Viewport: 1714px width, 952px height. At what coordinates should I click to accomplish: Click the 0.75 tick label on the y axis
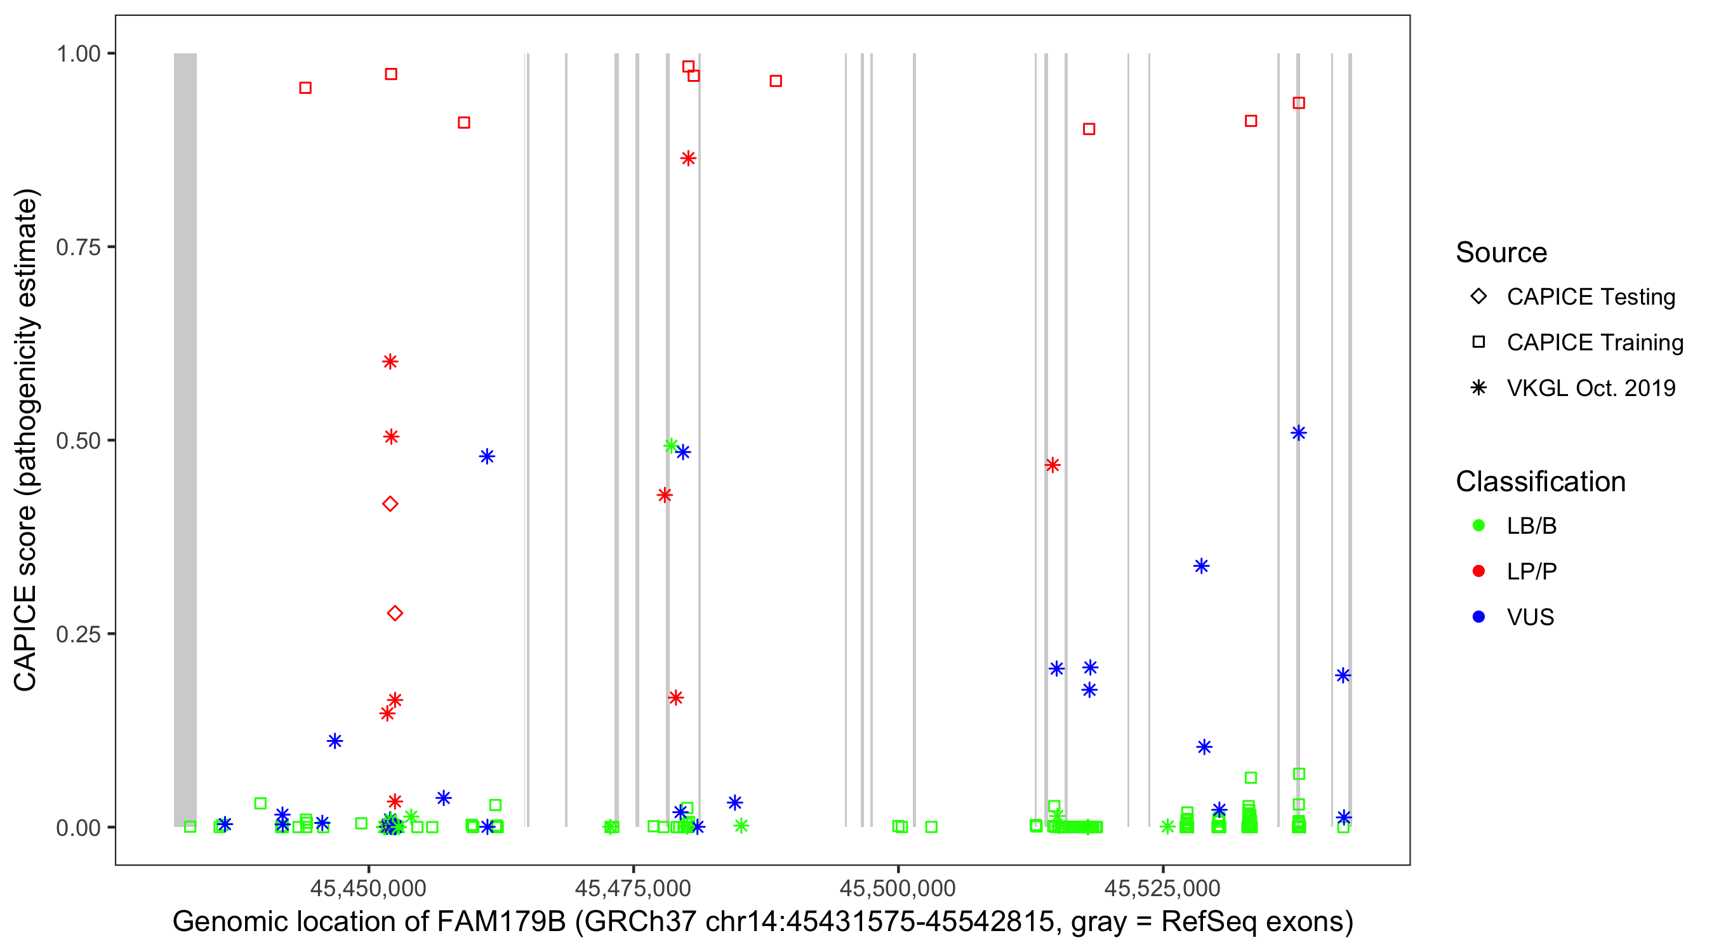(78, 248)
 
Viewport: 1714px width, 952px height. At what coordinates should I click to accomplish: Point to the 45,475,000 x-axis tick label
(632, 887)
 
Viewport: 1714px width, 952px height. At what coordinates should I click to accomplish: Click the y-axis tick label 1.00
(78, 54)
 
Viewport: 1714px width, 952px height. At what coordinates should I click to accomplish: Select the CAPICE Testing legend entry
(1590, 297)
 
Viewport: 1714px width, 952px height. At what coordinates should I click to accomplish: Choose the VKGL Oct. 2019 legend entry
(1590, 388)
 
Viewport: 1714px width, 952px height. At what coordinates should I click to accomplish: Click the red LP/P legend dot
(1478, 571)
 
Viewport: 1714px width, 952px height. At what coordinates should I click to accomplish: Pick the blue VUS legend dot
(1478, 617)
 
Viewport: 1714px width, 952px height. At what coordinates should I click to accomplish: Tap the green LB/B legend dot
(1478, 526)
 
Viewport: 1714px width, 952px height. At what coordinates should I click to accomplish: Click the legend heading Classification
(1539, 482)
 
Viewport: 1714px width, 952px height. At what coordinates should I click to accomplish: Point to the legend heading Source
(1501, 253)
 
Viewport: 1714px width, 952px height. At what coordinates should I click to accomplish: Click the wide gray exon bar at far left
(185, 439)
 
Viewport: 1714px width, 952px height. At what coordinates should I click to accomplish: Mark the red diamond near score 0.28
(395, 612)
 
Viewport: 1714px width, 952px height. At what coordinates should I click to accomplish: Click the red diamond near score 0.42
(390, 504)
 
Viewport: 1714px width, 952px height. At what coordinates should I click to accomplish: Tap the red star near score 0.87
(688, 158)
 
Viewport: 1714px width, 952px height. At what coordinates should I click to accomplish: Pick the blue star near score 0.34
(1201, 566)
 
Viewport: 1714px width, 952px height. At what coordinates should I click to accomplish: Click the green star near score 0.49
(671, 445)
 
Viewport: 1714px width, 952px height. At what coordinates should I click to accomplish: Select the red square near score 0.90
(1089, 129)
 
